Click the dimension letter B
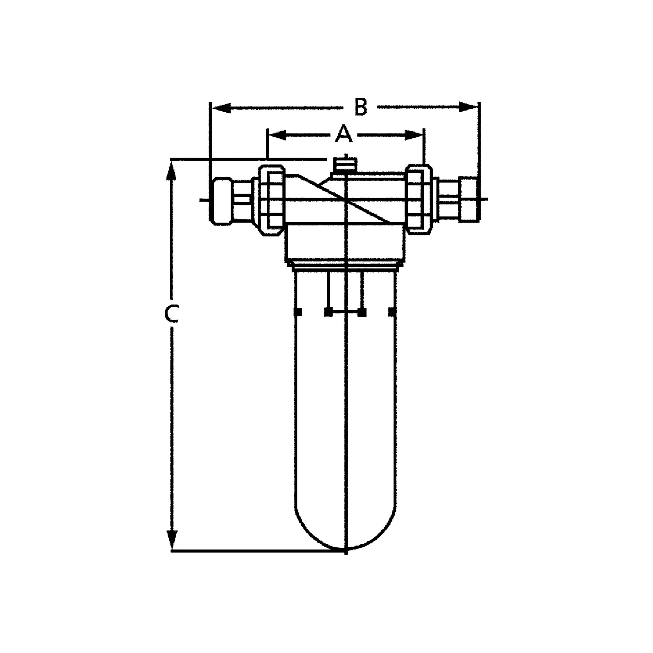click(x=361, y=107)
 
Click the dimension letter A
click(x=344, y=134)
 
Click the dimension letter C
click(x=171, y=314)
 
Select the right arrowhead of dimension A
click(x=414, y=135)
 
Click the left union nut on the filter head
click(x=271, y=200)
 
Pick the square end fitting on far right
click(x=469, y=199)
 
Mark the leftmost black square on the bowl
click(x=297, y=312)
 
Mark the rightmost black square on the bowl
click(x=392, y=312)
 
